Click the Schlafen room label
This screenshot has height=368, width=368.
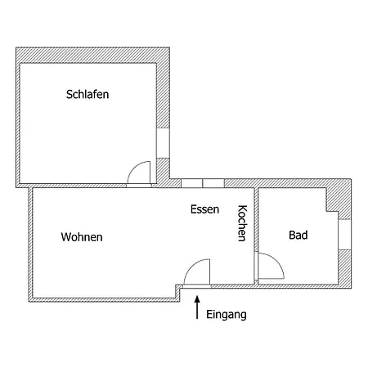pos(88,94)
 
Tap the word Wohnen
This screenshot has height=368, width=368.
pos(82,237)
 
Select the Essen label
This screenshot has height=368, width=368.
pos(204,209)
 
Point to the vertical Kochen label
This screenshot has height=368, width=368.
pos(242,223)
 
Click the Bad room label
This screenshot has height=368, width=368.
pos(298,235)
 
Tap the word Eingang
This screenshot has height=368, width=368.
pos(227,315)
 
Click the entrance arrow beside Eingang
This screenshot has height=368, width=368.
pos(197,307)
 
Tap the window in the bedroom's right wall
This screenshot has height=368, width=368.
pos(163,143)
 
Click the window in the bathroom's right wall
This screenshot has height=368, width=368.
pos(345,235)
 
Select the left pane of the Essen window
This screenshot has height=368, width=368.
pos(191,183)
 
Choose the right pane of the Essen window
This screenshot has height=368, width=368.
pos(213,183)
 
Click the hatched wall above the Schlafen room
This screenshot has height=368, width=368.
pos(92,56)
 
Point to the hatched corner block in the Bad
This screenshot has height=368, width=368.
pos(339,200)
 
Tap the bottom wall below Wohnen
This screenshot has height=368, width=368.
pos(104,299)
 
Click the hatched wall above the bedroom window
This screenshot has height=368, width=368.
pos(163,96)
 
